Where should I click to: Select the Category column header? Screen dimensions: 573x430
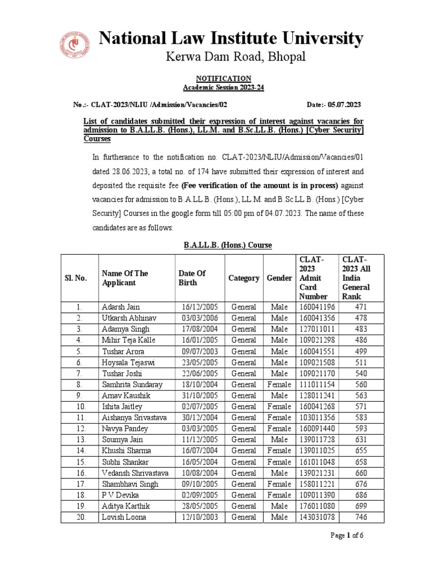[x=244, y=278]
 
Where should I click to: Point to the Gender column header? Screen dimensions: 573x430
[x=279, y=278]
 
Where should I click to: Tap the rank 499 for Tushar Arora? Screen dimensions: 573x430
[x=361, y=351]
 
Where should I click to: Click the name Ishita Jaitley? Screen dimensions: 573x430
[x=121, y=407]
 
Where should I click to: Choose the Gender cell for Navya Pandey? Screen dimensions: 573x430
[x=279, y=429]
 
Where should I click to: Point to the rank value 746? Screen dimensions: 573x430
[x=361, y=517]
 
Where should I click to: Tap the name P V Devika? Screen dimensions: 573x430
[x=118, y=495]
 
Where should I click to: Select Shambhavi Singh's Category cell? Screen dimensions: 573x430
[x=244, y=484]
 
